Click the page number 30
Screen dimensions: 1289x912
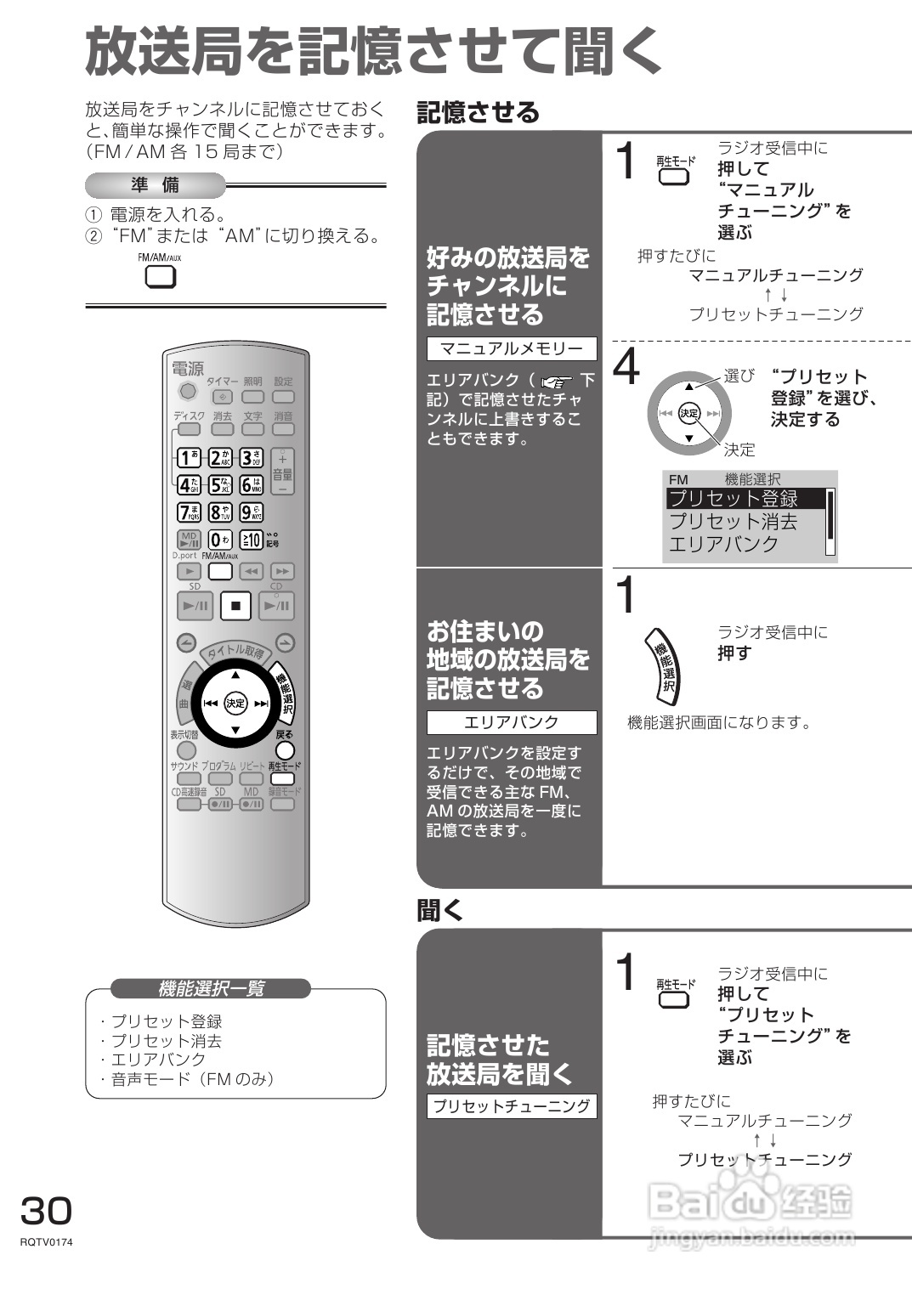[46, 1210]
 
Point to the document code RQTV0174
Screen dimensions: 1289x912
[46, 1242]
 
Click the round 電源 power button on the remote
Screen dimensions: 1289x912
[188, 392]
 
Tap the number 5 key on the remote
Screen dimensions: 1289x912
[220, 484]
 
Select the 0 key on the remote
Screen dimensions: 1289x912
[219, 539]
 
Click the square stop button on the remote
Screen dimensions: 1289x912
[235, 606]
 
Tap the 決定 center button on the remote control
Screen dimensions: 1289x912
[235, 703]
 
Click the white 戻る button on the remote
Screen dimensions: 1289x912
[285, 749]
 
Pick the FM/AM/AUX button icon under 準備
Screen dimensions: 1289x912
[161, 276]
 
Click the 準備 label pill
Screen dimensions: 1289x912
[155, 184]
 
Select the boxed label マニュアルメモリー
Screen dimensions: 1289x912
[512, 348]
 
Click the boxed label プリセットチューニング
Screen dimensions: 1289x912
[512, 1105]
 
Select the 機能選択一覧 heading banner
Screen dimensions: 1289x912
[211, 988]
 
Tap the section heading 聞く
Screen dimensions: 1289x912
[439, 910]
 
